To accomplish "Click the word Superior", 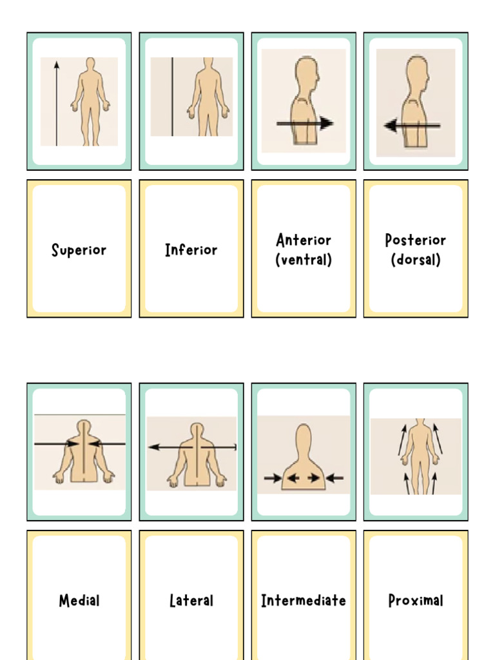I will coord(79,250).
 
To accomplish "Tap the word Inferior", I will coord(191,250).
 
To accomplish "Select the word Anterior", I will coord(304,240).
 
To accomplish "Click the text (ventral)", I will coord(304,260).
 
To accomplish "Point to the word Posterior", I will coord(416,240).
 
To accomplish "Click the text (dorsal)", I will coord(416,260).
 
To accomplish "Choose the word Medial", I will coord(79,601).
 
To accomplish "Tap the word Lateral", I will coord(191,601).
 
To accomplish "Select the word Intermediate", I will coord(304,601).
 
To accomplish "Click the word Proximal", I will coord(416,601).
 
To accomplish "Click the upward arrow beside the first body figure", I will coord(57,103).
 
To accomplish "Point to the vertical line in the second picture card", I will coord(172,97).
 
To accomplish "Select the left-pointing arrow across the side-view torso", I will coord(412,126).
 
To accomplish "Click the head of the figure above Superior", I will coord(90,63).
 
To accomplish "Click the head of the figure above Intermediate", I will coord(304,438).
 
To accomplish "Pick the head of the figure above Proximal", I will coord(420,423).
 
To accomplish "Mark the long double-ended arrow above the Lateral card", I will coord(192,447).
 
